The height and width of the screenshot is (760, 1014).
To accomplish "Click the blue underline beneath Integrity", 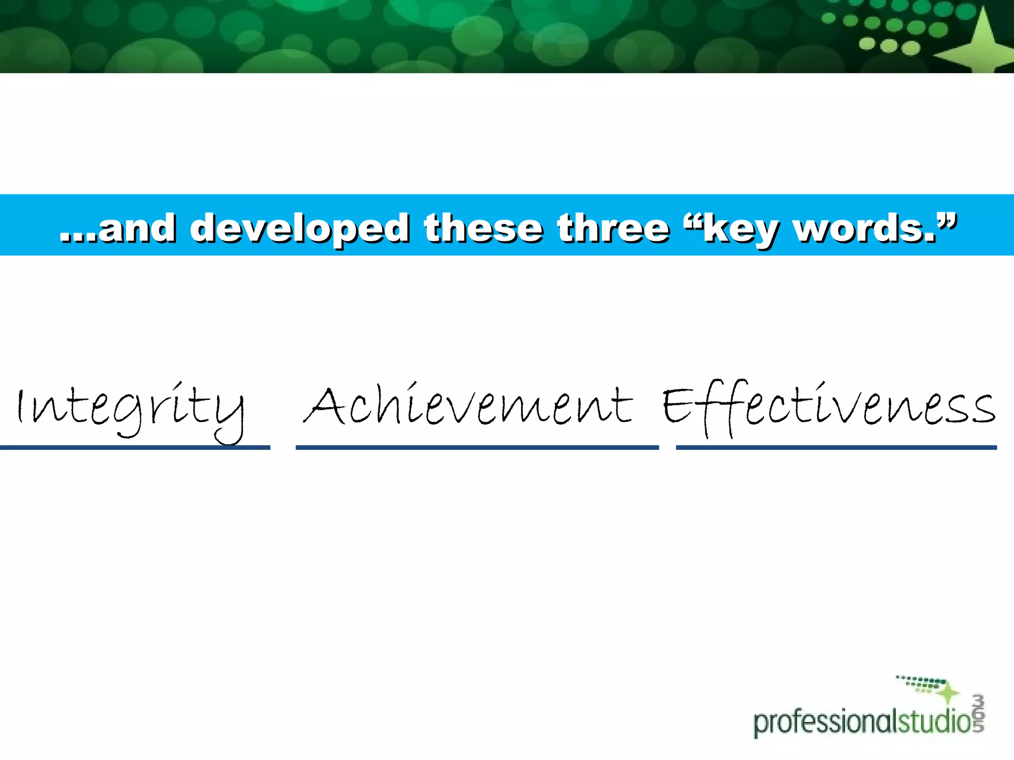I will [x=135, y=447].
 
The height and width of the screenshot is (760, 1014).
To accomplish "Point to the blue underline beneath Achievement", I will [x=477, y=447].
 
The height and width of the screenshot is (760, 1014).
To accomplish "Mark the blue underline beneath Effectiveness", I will [x=836, y=447].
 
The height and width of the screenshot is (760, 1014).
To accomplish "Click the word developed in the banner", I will [x=300, y=228].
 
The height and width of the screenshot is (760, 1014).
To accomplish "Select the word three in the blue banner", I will [x=613, y=228].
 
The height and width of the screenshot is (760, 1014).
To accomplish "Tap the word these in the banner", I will [x=483, y=228].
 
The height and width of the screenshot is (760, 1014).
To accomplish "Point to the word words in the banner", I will [x=864, y=228].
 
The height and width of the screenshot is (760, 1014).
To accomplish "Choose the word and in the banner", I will [x=137, y=228].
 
